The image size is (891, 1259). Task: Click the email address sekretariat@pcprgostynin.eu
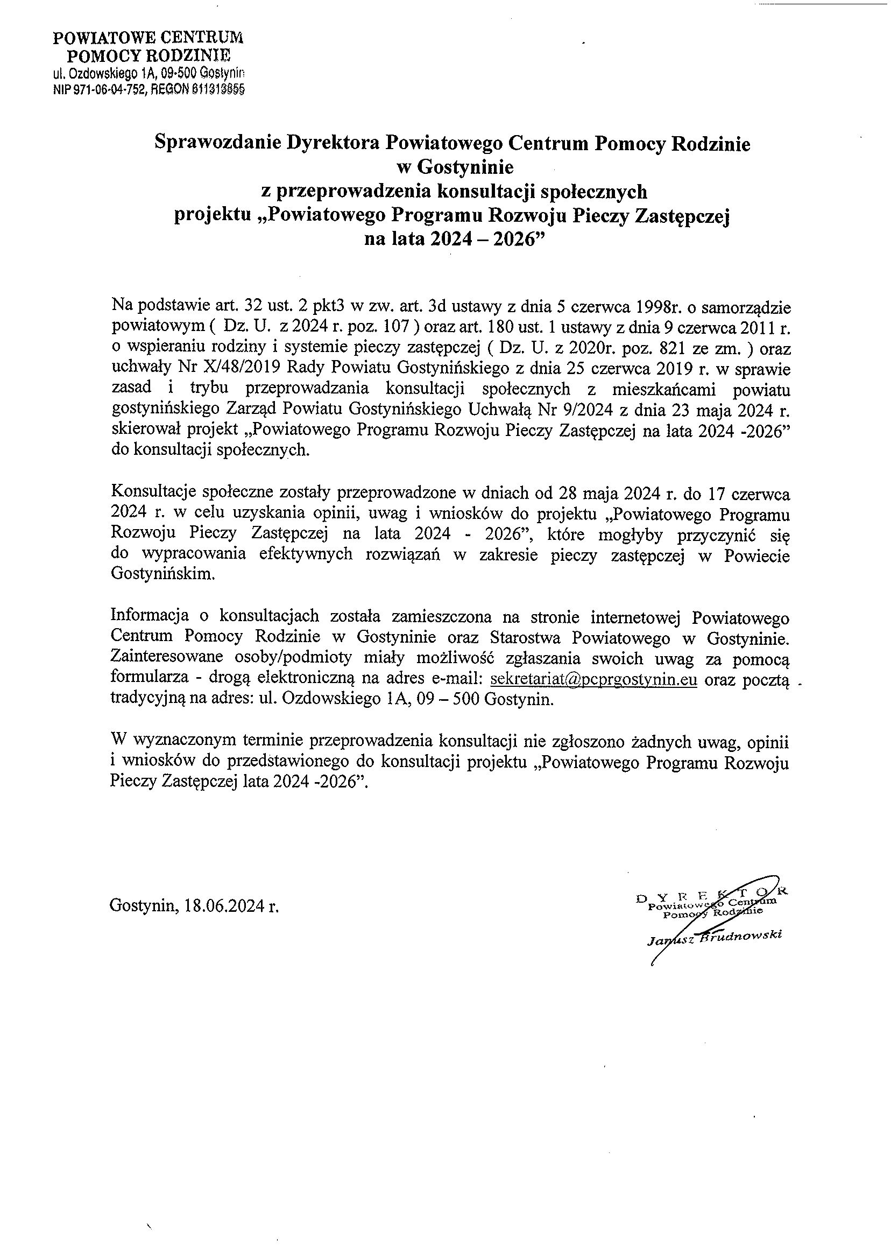[593, 680]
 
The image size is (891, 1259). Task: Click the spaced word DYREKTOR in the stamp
[712, 895]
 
